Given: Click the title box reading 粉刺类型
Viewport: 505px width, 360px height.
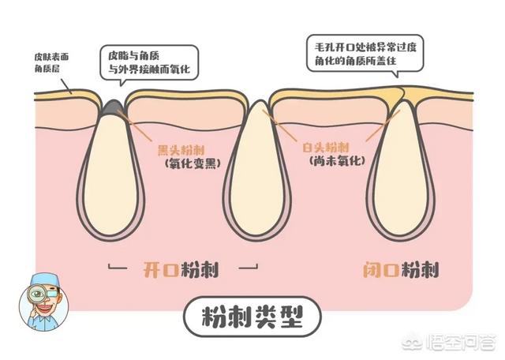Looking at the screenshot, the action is [x=252, y=317].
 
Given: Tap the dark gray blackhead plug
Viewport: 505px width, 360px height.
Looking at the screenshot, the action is [x=112, y=107].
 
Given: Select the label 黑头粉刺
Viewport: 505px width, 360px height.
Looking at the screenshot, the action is [x=181, y=150].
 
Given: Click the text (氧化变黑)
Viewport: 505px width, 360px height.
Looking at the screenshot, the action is [x=193, y=163].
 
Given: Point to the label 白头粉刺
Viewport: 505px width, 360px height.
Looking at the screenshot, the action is [x=325, y=148].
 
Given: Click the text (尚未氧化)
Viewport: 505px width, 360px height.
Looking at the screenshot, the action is [x=337, y=160].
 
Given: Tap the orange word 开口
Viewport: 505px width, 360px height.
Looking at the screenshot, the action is [x=161, y=269].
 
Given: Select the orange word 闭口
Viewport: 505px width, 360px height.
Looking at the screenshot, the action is [x=381, y=269].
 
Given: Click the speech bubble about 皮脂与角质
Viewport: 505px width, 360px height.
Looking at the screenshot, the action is [x=149, y=64].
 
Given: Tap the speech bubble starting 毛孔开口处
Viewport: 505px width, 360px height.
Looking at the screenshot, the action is [x=365, y=54].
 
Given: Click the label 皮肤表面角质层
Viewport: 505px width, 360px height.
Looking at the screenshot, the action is [x=51, y=63].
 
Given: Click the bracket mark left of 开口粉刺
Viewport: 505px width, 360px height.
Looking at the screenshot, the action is [x=118, y=267].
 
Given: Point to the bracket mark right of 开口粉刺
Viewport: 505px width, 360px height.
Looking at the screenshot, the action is [x=249, y=267].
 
